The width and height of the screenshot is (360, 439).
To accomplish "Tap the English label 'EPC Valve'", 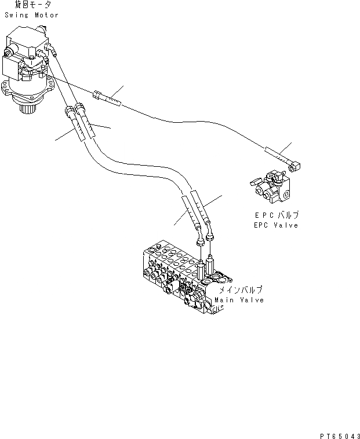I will [x=275, y=225].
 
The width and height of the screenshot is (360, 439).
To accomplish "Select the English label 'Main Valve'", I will [x=239, y=300].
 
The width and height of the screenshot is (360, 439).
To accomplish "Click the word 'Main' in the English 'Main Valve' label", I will [x=224, y=300].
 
